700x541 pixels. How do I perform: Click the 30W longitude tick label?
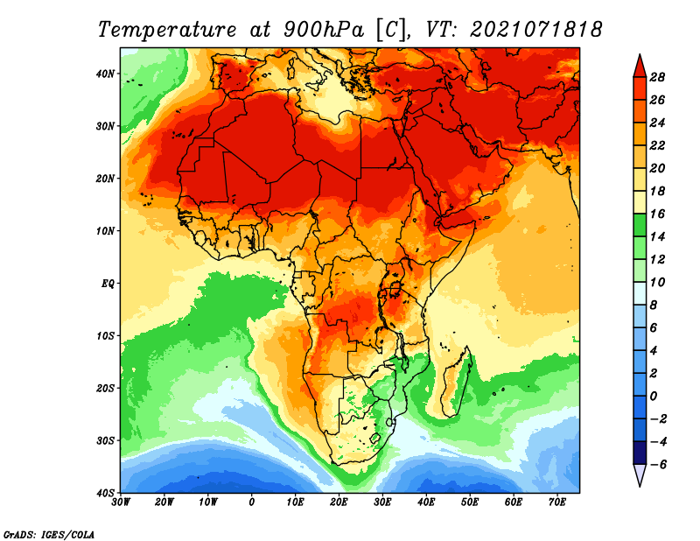click(122, 502)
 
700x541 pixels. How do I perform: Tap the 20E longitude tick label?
click(339, 502)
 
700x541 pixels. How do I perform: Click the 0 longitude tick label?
click(252, 502)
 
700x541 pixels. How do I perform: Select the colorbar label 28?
click(658, 77)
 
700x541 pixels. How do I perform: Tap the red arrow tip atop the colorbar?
click(639, 62)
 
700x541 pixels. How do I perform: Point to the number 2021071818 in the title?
click(535, 29)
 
